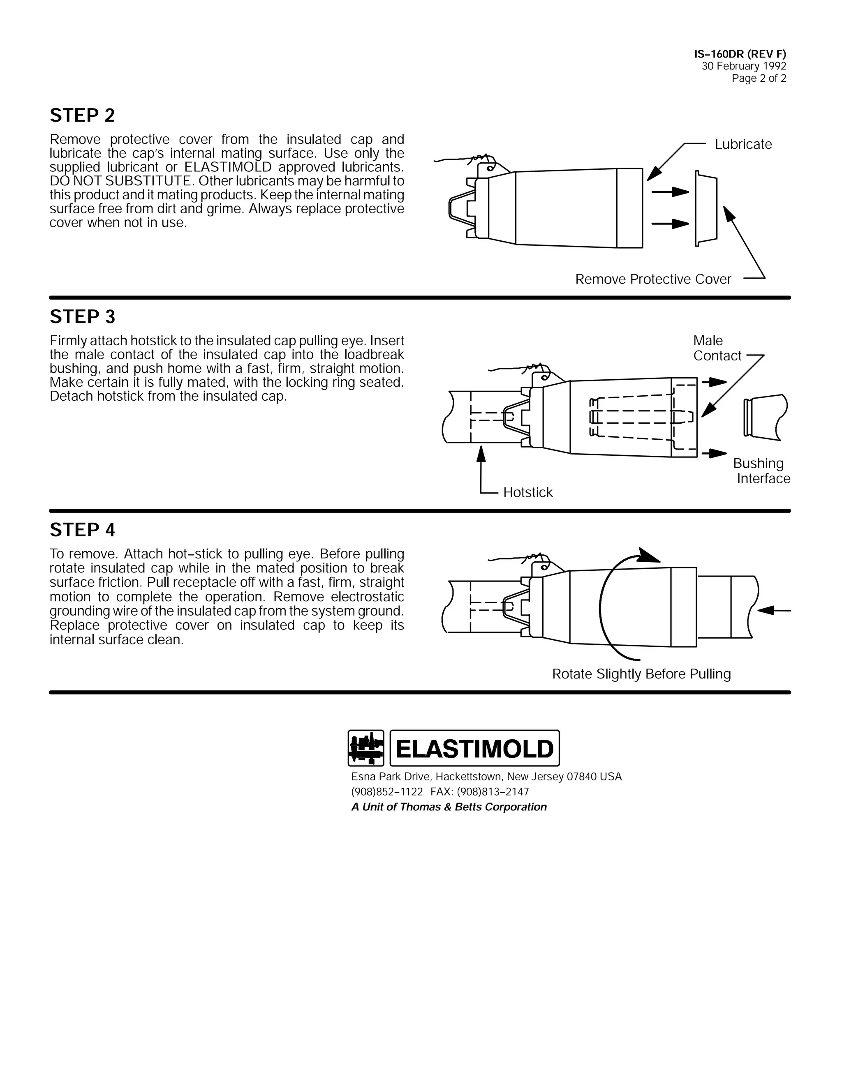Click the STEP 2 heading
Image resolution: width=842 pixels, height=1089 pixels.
coord(82,116)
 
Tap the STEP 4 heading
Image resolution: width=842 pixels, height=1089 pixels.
coord(82,530)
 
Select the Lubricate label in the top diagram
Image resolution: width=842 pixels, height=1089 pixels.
coord(743,145)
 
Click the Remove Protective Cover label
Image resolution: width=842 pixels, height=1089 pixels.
coord(652,279)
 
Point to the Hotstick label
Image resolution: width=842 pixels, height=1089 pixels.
coord(528,493)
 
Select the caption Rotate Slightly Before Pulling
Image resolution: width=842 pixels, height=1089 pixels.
coord(641,674)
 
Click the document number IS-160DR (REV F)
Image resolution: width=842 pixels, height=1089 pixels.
coord(740,54)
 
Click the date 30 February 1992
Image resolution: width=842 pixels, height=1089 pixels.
coord(744,66)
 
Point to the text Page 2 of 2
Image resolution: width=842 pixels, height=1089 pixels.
coord(759,78)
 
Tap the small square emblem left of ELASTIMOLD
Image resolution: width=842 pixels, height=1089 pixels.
coord(365,748)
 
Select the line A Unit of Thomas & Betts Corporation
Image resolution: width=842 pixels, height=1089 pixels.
coord(449,807)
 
